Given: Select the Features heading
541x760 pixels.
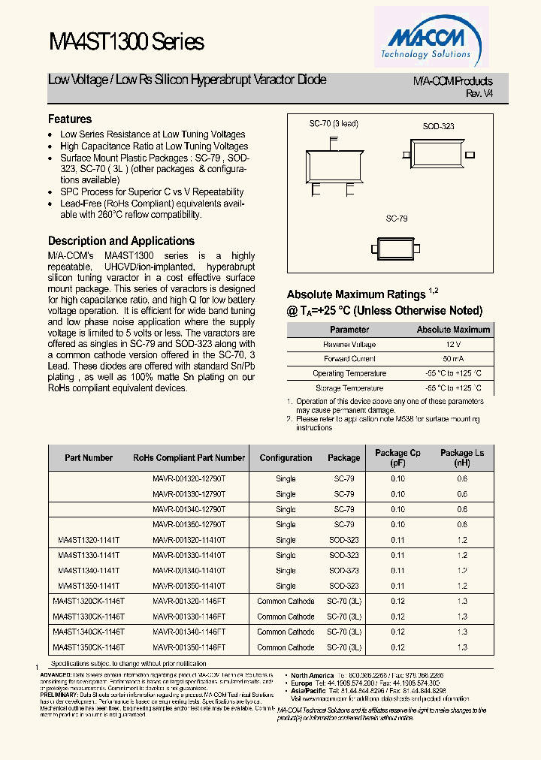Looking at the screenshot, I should click(x=70, y=119).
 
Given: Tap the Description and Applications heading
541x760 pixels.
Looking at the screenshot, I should click(x=121, y=241).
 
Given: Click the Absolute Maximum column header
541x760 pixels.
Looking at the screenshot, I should click(x=453, y=329).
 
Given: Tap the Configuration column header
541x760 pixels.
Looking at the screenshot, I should click(x=286, y=457).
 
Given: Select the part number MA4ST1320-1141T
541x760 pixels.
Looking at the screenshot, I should click(x=88, y=540).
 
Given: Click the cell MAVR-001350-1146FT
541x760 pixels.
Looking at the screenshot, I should click(x=189, y=647).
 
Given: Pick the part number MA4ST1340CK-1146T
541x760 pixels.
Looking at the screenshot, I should click(x=89, y=632).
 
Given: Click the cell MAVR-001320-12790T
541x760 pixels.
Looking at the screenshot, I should click(x=189, y=478).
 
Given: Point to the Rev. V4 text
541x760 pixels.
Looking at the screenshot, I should click(x=479, y=93).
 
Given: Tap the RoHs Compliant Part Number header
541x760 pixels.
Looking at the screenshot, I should click(x=189, y=457).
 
